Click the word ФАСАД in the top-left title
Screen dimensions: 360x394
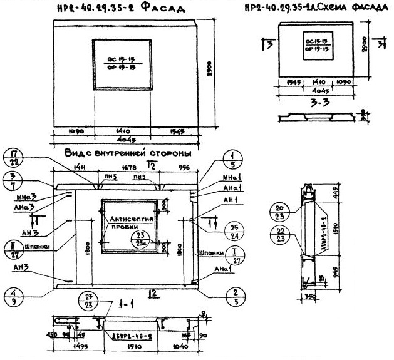[x=147, y=8]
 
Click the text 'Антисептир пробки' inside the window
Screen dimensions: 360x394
[x=128, y=224]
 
